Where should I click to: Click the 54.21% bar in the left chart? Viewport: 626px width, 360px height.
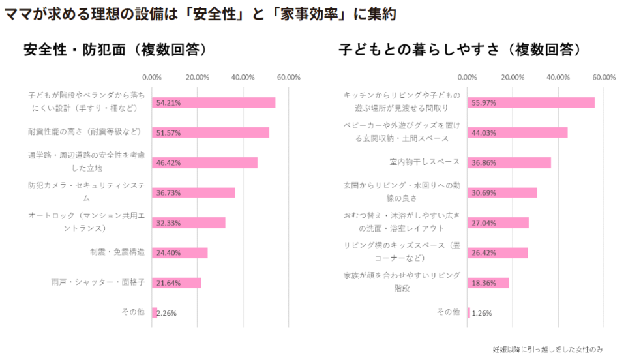pyautogui.click(x=214, y=102)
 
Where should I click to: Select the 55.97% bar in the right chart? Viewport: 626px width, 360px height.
pyautogui.click(x=531, y=102)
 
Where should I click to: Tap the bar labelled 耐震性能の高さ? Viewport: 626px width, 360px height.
pyautogui.click(x=211, y=132)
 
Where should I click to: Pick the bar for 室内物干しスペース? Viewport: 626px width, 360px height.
pyautogui.click(x=509, y=162)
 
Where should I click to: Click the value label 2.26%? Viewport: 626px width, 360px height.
pyautogui.click(x=167, y=313)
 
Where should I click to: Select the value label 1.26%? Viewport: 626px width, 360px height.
pyautogui.click(x=482, y=313)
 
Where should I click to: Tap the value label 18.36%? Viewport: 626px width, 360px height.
pyautogui.click(x=483, y=283)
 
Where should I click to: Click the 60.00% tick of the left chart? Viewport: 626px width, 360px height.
pyautogui.click(x=288, y=77)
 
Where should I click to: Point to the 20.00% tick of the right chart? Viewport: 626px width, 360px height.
pyautogui.click(x=513, y=77)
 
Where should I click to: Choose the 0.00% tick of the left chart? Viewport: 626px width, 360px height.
pyautogui.click(x=152, y=77)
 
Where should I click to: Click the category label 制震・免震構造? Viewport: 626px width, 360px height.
pyautogui.click(x=117, y=252)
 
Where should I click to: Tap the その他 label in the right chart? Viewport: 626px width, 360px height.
pyautogui.click(x=448, y=312)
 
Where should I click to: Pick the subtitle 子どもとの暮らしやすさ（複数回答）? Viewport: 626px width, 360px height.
pyautogui.click(x=460, y=50)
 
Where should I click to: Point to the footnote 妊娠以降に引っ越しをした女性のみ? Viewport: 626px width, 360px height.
pyautogui.click(x=548, y=349)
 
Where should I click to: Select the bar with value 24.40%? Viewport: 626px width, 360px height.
pyautogui.click(x=180, y=252)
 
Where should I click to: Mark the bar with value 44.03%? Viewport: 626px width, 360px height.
pyautogui.click(x=517, y=132)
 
